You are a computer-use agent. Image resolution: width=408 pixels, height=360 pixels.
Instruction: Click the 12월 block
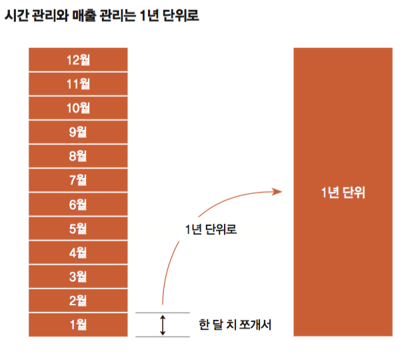pyautogui.click(x=79, y=60)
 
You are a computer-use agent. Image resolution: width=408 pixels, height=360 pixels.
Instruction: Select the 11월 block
pyautogui.click(x=79, y=84)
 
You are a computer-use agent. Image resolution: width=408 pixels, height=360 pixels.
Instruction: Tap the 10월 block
pyautogui.click(x=79, y=108)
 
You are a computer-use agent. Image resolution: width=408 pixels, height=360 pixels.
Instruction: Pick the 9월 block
pyautogui.click(x=79, y=132)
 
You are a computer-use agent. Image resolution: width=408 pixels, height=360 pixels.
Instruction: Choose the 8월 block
pyautogui.click(x=79, y=156)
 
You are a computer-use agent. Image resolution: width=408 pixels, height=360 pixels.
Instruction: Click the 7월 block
pyautogui.click(x=79, y=180)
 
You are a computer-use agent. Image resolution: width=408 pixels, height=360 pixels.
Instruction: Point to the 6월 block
pyautogui.click(x=79, y=205)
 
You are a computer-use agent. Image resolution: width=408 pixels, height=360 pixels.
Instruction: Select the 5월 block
pyautogui.click(x=79, y=229)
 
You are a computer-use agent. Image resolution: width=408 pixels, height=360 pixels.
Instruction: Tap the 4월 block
pyautogui.click(x=79, y=253)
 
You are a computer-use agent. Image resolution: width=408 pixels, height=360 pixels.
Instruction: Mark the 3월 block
pyautogui.click(x=79, y=277)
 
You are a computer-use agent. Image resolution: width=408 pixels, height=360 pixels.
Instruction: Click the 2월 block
pyautogui.click(x=79, y=301)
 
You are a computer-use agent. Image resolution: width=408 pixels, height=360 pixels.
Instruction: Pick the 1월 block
pyautogui.click(x=79, y=325)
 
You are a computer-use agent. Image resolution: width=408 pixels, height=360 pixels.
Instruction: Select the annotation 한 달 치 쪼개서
pyautogui.click(x=235, y=325)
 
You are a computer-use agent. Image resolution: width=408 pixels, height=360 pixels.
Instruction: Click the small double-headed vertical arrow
pyautogui.click(x=162, y=325)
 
